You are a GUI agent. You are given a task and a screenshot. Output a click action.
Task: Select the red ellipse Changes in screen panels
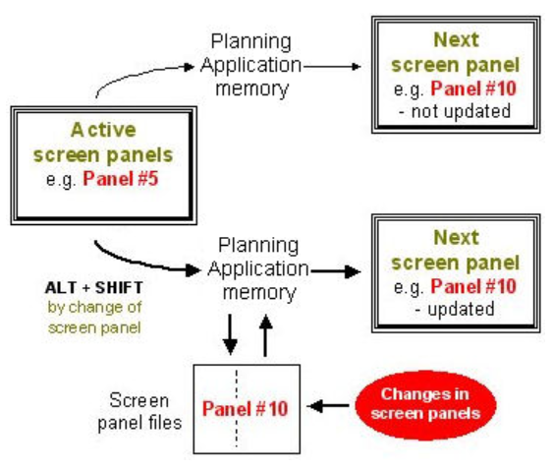(x=427, y=404)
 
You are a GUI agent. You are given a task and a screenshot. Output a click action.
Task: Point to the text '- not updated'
(x=455, y=110)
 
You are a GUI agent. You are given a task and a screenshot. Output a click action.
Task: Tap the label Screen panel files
(x=140, y=412)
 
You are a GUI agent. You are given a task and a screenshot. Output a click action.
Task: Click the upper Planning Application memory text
(x=252, y=66)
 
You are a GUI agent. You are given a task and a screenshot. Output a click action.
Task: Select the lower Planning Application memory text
(x=257, y=268)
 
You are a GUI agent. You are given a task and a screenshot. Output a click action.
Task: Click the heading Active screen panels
(x=104, y=142)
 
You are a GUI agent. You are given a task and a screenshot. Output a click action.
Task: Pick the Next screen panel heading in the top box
(x=456, y=53)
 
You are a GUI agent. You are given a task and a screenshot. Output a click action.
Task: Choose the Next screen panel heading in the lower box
(x=456, y=250)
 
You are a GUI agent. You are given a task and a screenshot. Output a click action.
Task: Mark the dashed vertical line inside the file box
(x=238, y=407)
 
